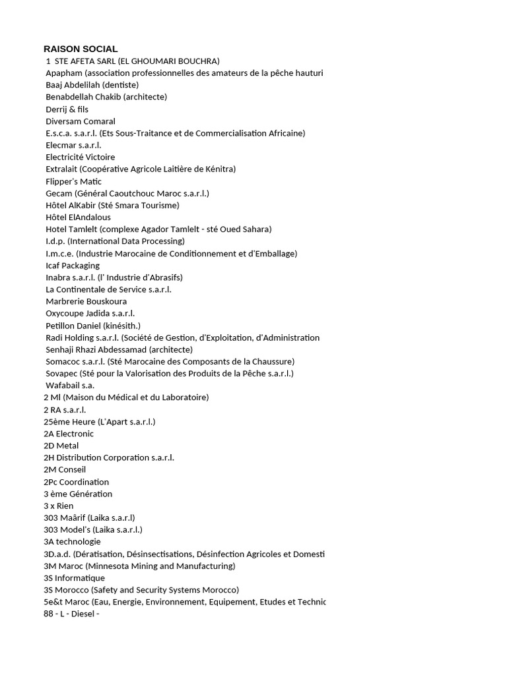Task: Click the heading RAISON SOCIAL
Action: tap(81, 49)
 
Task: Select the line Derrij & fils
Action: tap(67, 109)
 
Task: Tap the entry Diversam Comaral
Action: tap(81, 121)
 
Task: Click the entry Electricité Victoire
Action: tap(80, 157)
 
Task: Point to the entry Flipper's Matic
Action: tap(73, 181)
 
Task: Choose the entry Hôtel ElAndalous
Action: tap(78, 217)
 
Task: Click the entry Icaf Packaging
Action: tap(73, 265)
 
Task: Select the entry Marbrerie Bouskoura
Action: tap(86, 301)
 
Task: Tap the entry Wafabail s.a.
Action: tap(70, 385)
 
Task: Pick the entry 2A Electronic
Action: tap(69, 434)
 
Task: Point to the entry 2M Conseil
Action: tap(65, 469)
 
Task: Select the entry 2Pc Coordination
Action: tap(76, 482)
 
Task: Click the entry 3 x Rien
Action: tap(59, 506)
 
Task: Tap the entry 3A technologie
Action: tap(72, 541)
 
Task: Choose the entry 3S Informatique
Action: tap(74, 578)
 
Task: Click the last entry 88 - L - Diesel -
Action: tap(71, 614)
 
